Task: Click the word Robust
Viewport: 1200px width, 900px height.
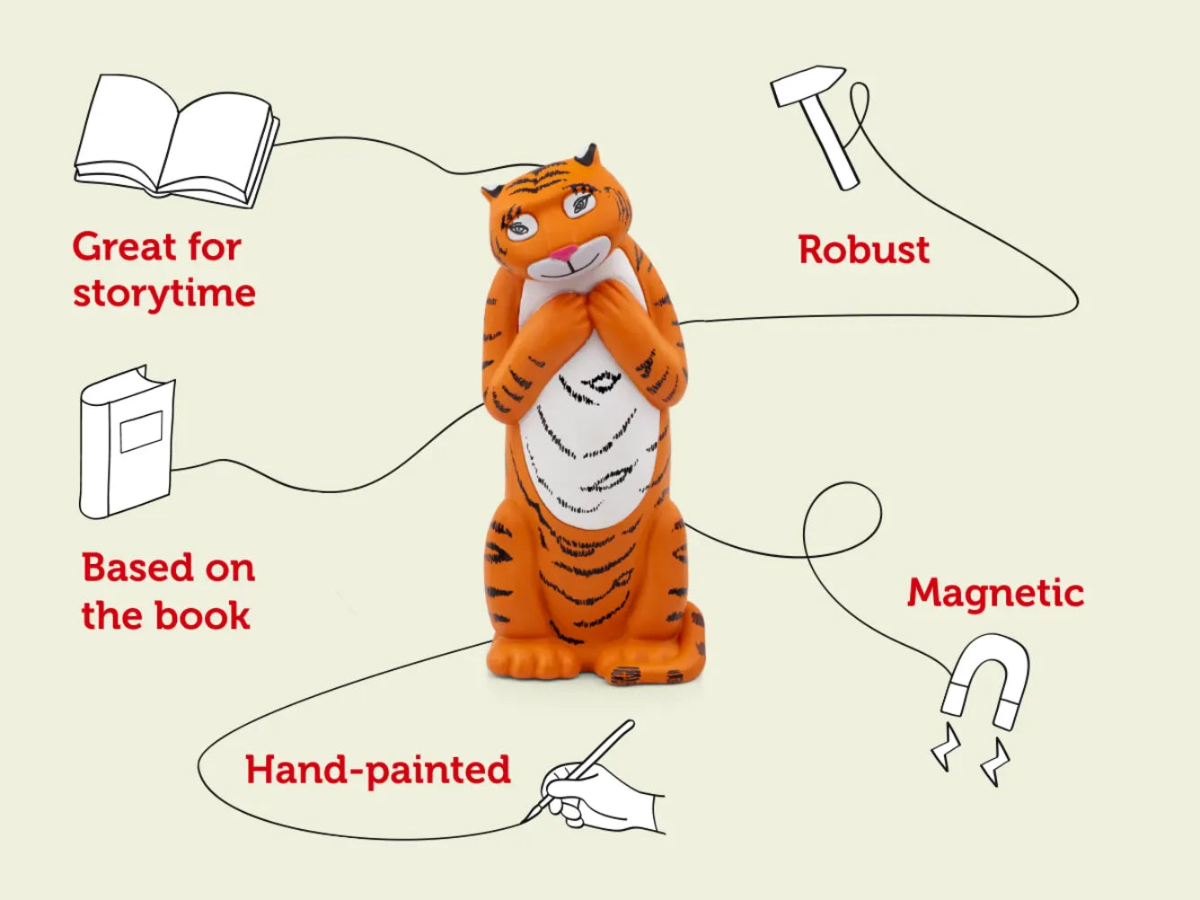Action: [863, 250]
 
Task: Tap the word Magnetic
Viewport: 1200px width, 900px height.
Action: [995, 593]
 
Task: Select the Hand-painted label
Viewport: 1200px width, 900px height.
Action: [377, 771]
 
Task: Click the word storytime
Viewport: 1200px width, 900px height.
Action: [164, 294]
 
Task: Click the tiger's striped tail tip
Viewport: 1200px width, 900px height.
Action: [633, 674]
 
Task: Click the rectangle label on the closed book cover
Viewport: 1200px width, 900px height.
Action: [141, 431]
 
